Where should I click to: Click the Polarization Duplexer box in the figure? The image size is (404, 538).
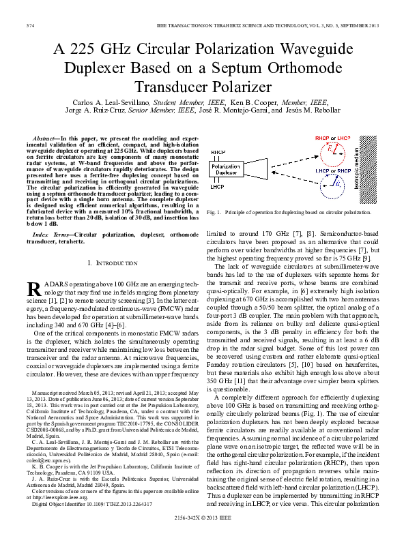(225, 168)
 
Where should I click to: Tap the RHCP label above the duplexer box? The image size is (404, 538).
(218, 152)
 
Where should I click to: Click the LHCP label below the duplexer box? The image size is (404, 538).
(217, 186)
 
